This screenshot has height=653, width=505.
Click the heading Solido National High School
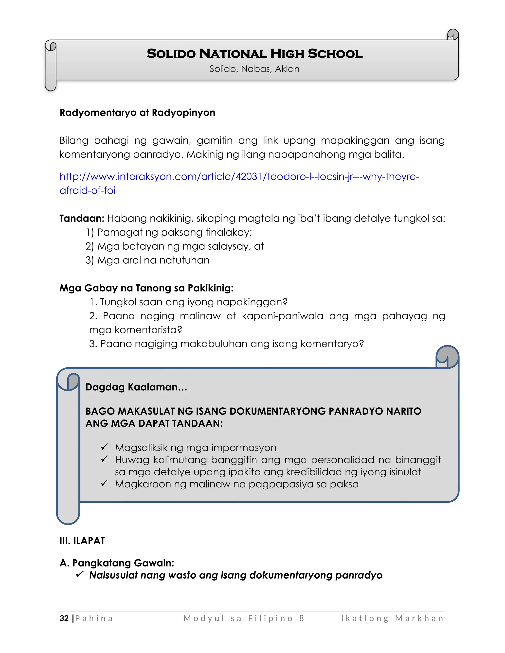[254, 54]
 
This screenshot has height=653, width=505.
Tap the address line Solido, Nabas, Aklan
[254, 69]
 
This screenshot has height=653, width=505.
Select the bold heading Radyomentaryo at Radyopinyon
[137, 113]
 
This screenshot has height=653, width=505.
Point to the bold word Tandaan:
[82, 219]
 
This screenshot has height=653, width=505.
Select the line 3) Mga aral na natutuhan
[147, 260]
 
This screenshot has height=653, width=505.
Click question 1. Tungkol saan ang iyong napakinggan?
[188, 302]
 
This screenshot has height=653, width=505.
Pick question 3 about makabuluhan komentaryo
[226, 344]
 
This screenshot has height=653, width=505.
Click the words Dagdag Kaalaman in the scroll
[136, 387]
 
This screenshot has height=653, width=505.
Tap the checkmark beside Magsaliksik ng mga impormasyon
[104, 447]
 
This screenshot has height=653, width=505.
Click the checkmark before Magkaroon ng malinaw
[104, 483]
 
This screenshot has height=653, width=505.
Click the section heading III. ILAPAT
[82, 541]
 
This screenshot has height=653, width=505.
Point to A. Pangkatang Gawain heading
[117, 563]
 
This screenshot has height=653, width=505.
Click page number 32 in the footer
[64, 618]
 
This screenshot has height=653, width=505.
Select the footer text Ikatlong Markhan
[392, 618]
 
